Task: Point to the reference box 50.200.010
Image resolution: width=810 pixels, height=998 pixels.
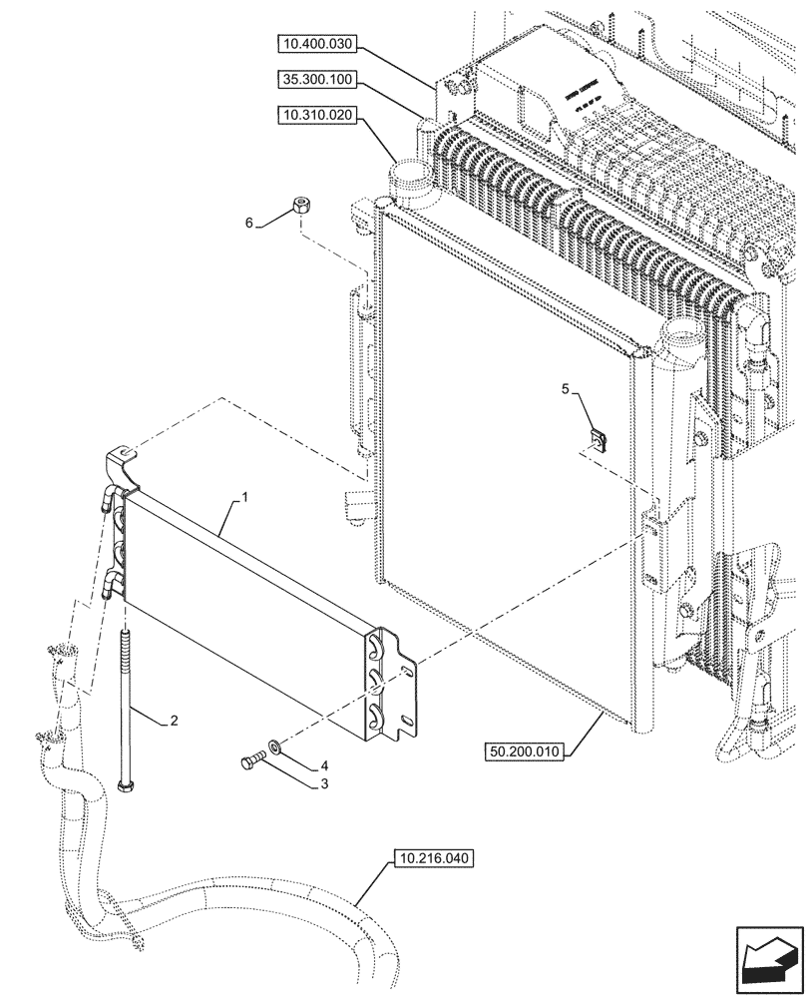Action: pos(527,751)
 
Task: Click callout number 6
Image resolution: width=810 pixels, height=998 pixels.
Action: pos(250,224)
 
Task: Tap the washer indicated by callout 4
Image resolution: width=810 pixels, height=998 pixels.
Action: pos(273,747)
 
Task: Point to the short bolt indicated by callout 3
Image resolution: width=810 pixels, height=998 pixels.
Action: pos(250,763)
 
